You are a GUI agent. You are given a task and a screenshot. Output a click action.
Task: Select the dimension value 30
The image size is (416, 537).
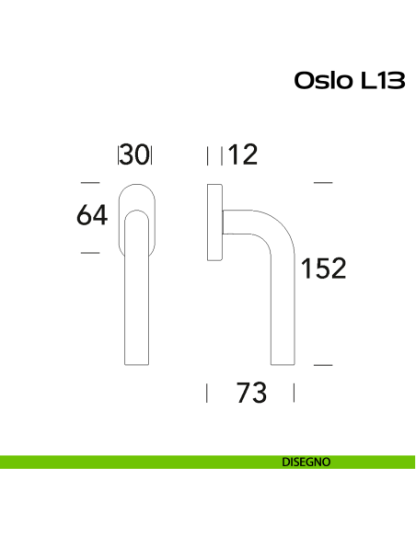tap(135, 155)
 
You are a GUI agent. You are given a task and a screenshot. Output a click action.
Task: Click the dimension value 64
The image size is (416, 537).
tap(92, 216)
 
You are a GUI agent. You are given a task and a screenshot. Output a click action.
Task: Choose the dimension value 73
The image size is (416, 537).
tap(250, 394)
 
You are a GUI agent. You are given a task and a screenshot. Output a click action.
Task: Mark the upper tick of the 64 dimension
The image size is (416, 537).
tap(90, 183)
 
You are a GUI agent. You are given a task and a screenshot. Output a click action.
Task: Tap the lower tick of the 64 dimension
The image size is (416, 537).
tap(90, 251)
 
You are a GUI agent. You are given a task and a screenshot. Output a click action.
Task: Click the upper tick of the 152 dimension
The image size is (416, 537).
tap(322, 183)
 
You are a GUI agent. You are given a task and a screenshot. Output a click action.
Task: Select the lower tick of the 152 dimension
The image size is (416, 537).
tap(322, 365)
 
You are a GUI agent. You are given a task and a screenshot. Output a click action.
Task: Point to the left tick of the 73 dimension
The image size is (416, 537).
tap(207, 394)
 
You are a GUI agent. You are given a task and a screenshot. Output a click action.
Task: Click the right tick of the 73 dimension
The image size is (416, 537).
tap(294, 394)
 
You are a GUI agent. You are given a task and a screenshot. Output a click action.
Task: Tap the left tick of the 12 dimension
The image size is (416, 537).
tap(209, 154)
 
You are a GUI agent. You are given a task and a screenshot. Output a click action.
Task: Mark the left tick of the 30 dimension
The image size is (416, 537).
tap(119, 154)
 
